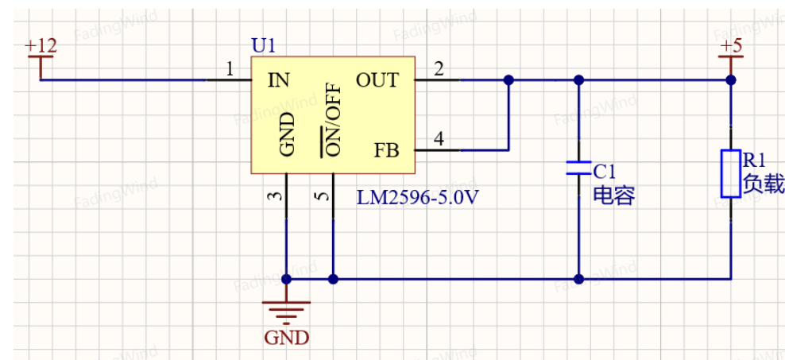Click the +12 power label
41,46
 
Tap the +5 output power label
731,46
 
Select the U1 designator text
263,46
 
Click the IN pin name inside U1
279,80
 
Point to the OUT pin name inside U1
377,80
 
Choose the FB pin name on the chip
387,150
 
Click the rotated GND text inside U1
287,134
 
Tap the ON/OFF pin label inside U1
331,119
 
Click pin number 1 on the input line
230,69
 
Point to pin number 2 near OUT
439,69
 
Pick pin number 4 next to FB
439,139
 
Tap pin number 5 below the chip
323,195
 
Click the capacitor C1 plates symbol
578,168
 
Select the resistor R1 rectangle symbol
731,173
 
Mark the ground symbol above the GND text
287,310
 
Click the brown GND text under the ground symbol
287,338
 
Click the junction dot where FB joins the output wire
509,80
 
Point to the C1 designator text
605,172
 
